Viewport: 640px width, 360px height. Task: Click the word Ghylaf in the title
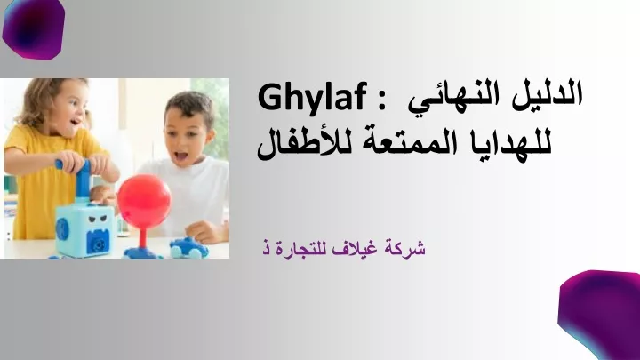[x=313, y=97]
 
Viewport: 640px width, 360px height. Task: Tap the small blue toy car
[x=189, y=248]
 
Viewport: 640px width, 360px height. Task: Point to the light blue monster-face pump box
[x=85, y=229]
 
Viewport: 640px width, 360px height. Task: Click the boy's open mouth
[x=181, y=156]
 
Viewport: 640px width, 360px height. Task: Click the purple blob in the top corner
[x=34, y=28]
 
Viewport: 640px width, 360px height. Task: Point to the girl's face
[x=70, y=109]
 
